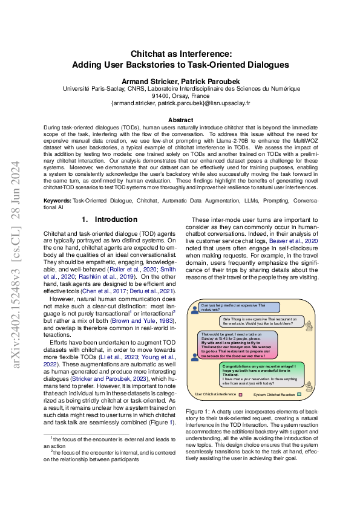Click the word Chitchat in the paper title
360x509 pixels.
pyautogui.click(x=151, y=53)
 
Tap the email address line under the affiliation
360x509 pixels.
pyautogui.click(x=180, y=103)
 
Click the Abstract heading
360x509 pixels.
pyautogui.click(x=180, y=120)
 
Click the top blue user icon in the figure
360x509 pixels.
pyautogui.click(x=194, y=309)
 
